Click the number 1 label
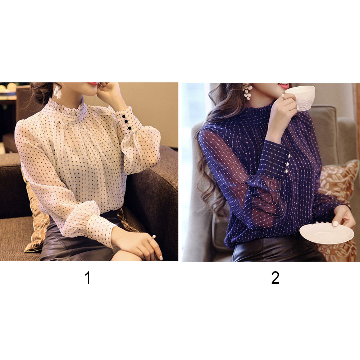pyautogui.click(x=88, y=278)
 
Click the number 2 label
pyautogui.click(x=275, y=278)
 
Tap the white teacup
pyautogui.click(x=301, y=97)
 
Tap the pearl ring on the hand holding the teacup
pyautogui.click(x=283, y=96)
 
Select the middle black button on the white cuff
pyautogui.click(x=126, y=122)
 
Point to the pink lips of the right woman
pyautogui.click(x=283, y=86)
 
